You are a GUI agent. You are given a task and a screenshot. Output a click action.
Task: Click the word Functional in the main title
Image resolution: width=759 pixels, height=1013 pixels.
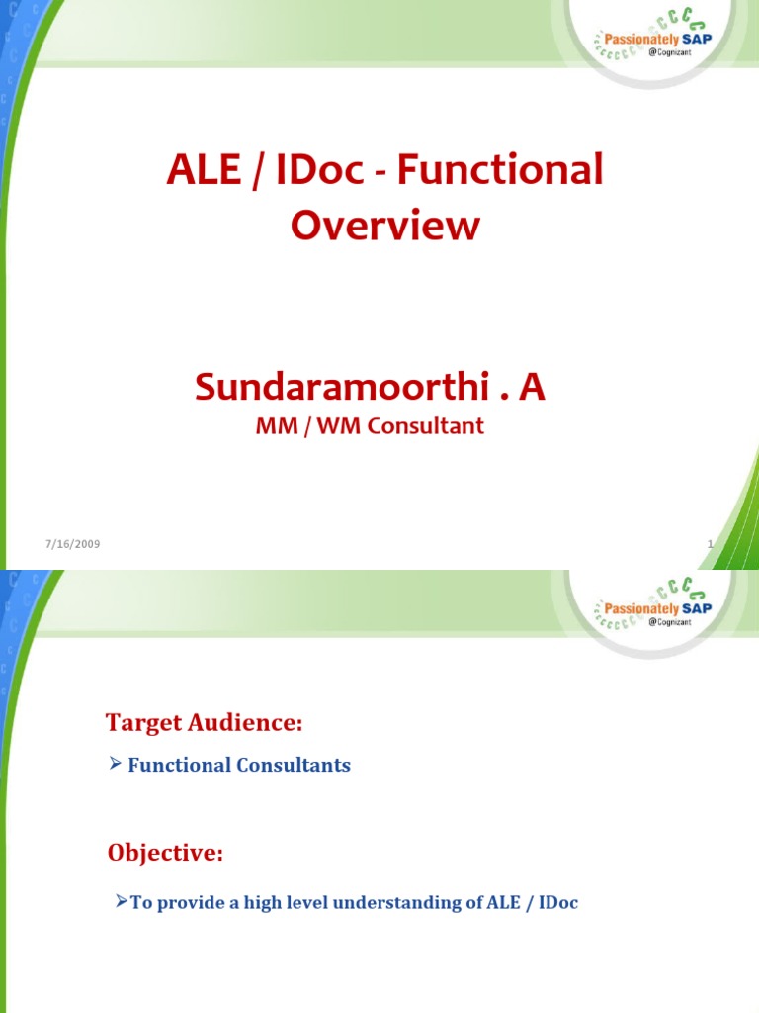point(518,171)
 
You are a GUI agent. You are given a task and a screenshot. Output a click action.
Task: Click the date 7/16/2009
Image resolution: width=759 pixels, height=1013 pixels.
point(72,545)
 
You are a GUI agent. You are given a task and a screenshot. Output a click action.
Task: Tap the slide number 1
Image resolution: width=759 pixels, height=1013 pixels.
point(710,545)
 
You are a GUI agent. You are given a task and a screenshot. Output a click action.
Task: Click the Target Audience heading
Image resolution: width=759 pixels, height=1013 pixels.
point(203,723)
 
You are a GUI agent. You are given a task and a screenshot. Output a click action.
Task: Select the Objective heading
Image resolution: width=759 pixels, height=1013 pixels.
point(165,853)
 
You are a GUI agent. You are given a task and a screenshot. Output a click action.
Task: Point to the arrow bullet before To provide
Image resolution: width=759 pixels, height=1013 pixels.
point(121,901)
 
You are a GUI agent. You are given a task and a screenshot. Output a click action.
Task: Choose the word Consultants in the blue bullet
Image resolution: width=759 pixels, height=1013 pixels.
point(295,766)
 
